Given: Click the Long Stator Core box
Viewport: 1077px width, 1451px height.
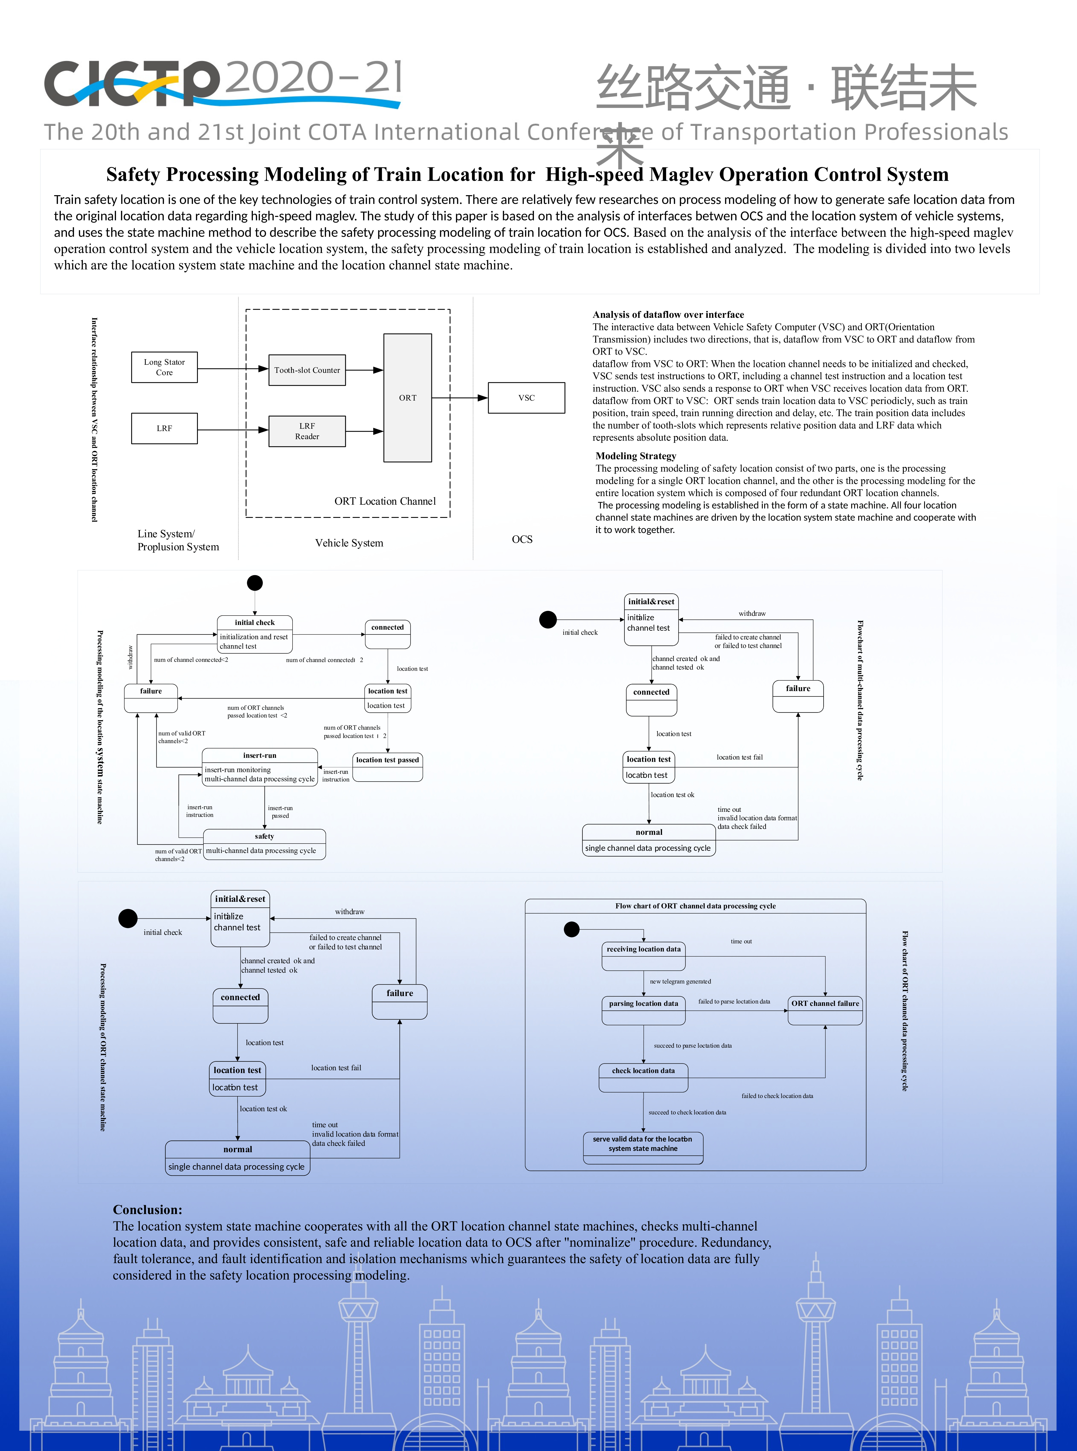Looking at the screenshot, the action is (x=164, y=367).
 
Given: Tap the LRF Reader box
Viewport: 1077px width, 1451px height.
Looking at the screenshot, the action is (x=307, y=431).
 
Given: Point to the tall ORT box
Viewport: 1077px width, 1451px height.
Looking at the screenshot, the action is (x=407, y=398).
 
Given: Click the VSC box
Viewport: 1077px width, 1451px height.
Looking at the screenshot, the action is (x=527, y=398).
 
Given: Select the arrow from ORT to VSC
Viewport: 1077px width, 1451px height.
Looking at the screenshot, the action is (x=460, y=398).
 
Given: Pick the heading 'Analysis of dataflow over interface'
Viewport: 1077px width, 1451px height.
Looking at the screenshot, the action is (x=668, y=314).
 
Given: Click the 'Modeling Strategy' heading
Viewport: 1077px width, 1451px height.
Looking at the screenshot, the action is (x=636, y=456).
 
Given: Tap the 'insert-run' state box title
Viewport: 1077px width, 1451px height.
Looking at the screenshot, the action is (x=259, y=755).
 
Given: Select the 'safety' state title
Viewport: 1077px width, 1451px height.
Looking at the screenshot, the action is (x=264, y=836).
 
